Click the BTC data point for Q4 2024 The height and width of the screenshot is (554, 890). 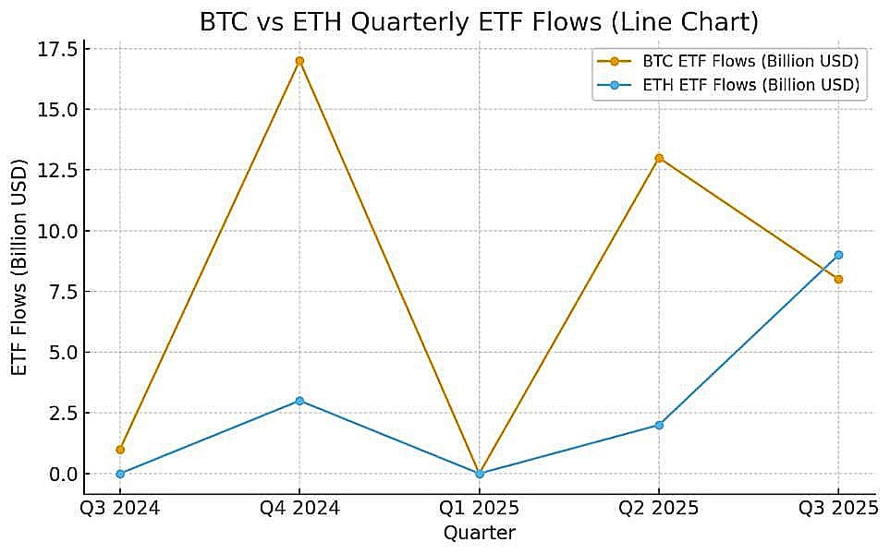click(299, 61)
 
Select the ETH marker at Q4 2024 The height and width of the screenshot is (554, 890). click(299, 401)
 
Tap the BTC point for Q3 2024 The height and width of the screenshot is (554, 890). click(120, 450)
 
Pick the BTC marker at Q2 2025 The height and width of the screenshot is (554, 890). click(659, 158)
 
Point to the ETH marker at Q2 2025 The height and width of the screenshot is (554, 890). click(659, 425)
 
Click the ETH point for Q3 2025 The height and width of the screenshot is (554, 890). click(838, 255)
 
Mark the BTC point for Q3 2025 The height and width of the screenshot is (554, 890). click(838, 279)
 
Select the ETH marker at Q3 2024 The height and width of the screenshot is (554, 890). click(120, 474)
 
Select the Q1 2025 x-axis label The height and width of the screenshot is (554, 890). click(480, 509)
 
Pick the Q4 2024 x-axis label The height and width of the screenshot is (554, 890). click(299, 509)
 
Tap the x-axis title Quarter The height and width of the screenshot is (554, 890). click(480, 533)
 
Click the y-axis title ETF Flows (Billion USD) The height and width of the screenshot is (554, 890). click(19, 268)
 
